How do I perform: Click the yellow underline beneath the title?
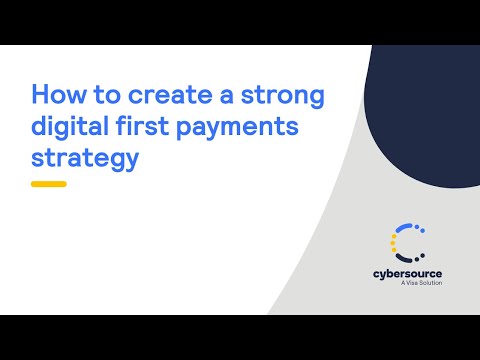coord(48,184)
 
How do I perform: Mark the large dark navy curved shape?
coord(425,110)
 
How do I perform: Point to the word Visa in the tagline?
coord(404,283)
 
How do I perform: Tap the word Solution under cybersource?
coord(426,283)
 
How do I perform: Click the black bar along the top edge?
coord(240,21)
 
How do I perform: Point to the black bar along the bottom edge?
coord(240,338)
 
